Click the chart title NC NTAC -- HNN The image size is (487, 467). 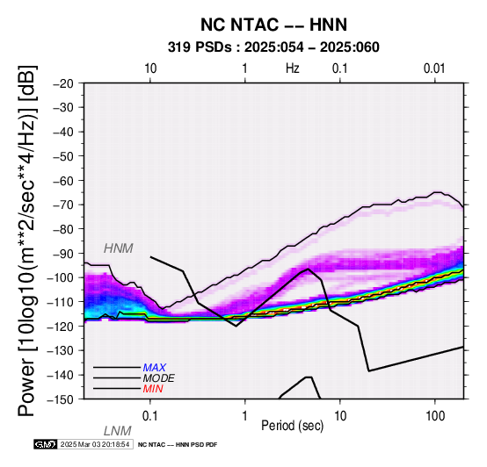[273, 25]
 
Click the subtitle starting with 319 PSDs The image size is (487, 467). [273, 47]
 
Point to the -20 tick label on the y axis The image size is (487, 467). [63, 83]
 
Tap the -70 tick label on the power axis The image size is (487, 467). [63, 205]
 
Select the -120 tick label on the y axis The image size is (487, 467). [61, 327]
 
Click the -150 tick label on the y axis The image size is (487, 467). [61, 399]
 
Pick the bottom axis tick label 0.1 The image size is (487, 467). [150, 416]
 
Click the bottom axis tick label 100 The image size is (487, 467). [435, 416]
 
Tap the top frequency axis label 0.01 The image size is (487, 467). [434, 68]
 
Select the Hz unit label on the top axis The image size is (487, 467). [293, 68]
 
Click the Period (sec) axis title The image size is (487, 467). [292, 426]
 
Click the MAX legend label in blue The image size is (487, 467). [155, 368]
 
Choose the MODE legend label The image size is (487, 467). [159, 378]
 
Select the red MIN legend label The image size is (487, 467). [153, 389]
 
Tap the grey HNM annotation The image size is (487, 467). [119, 248]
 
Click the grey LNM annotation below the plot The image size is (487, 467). [118, 431]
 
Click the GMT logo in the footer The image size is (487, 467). [46, 444]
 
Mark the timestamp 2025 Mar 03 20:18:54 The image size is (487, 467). [95, 444]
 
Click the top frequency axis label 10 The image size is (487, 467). [150, 68]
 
